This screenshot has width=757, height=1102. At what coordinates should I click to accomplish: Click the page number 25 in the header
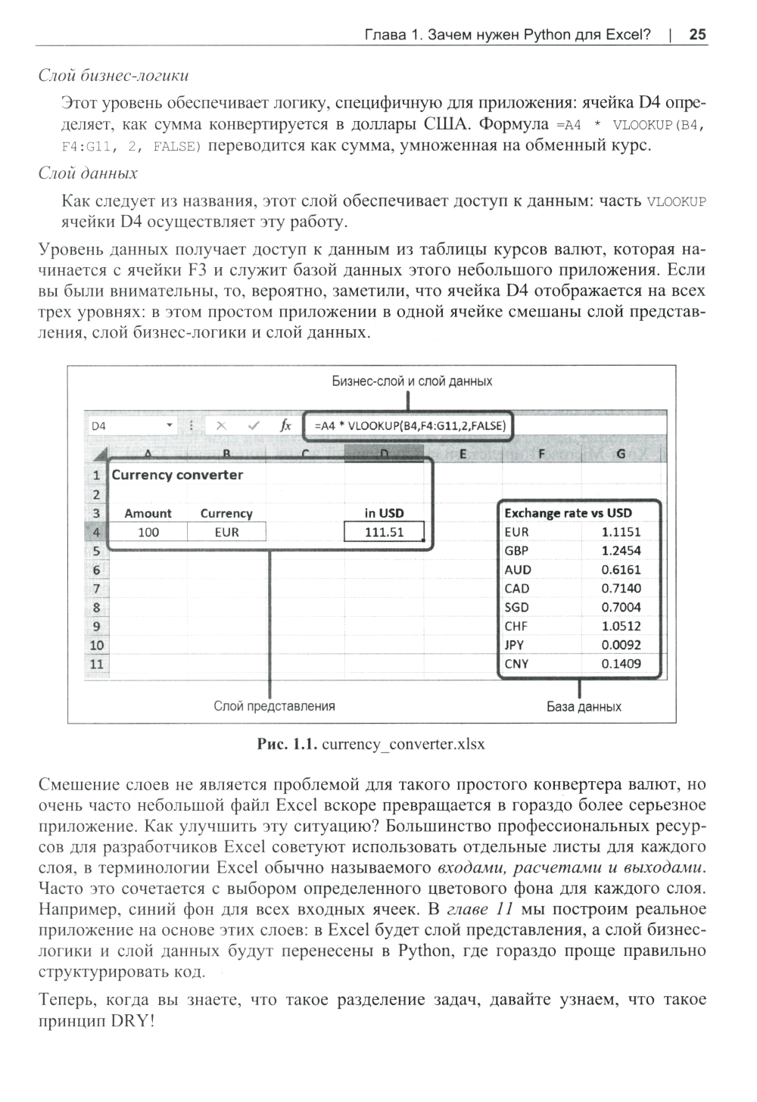click(x=697, y=35)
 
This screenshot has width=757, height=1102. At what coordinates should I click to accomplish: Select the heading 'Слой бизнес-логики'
click(x=113, y=76)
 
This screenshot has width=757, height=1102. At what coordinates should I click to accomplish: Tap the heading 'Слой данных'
click(x=88, y=173)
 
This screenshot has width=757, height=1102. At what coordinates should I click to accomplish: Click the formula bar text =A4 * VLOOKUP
click(x=409, y=425)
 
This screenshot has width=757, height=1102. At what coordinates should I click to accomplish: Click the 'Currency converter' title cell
click(x=177, y=475)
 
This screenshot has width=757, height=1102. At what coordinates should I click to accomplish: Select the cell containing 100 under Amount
click(x=148, y=532)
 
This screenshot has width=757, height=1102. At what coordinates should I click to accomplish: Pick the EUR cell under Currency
click(x=226, y=532)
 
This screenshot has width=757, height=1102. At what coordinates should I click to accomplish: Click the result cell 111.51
click(x=384, y=532)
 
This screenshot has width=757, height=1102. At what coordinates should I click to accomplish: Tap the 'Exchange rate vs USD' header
click(x=568, y=512)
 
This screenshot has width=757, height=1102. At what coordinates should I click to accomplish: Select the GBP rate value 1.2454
click(x=621, y=550)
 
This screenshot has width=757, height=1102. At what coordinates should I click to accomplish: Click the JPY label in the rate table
click(x=514, y=645)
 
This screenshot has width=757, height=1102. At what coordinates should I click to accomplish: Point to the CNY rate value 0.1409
click(x=621, y=664)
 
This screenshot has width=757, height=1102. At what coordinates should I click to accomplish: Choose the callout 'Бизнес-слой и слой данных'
click(x=412, y=381)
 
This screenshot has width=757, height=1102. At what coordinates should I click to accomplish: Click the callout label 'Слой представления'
click(x=274, y=706)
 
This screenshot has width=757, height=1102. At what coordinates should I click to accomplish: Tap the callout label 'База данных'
click(x=584, y=707)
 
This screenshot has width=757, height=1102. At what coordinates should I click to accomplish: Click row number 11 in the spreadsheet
click(x=96, y=664)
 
